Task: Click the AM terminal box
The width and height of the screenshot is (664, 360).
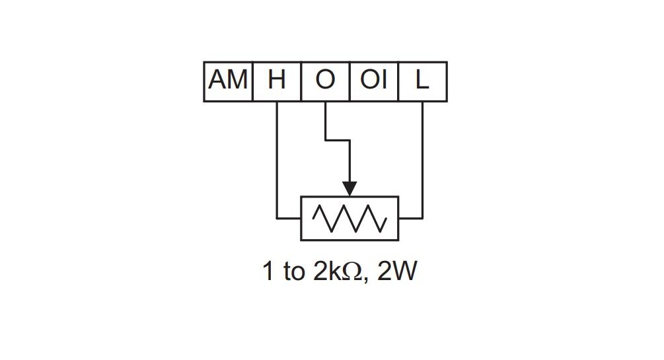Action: tap(228, 82)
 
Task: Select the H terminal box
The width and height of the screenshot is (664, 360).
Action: tap(277, 82)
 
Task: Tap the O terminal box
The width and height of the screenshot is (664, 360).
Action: tap(326, 82)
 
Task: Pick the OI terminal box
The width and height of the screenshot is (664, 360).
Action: tap(374, 82)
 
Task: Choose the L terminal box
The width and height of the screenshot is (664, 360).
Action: tap(423, 82)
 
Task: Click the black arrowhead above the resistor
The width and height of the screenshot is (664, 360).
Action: tap(350, 189)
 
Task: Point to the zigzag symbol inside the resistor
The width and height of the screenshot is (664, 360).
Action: tap(350, 219)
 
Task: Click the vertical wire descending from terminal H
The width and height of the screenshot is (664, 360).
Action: tap(277, 160)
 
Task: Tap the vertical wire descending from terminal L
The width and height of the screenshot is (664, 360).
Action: tap(423, 160)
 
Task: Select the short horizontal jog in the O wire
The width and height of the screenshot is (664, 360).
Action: tap(338, 140)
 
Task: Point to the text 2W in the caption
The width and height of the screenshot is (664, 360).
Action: tap(397, 271)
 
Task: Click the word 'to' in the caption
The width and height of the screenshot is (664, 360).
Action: tap(294, 272)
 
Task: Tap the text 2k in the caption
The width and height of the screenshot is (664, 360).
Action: tap(327, 271)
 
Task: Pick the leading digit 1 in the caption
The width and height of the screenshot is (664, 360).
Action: tap(268, 271)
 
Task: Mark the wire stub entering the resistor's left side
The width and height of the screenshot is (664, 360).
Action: tap(289, 219)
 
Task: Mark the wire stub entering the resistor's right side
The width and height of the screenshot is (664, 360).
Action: tap(411, 219)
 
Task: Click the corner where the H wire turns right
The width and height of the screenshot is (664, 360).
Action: tap(277, 219)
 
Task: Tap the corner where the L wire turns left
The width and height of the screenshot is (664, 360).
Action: tap(423, 219)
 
